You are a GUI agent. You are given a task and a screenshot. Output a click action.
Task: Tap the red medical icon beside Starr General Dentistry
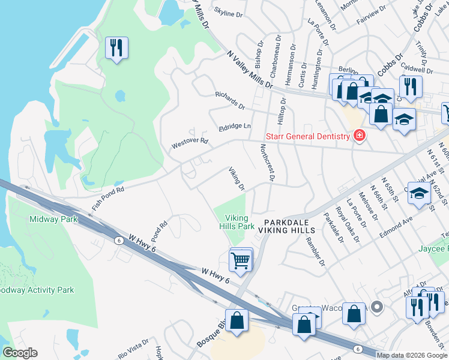pos(359,136)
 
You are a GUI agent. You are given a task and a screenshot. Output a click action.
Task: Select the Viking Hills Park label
pos(240,223)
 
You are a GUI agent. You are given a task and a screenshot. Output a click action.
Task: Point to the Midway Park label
pos(54,219)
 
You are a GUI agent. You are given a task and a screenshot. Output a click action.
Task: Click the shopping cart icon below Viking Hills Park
pos(240,261)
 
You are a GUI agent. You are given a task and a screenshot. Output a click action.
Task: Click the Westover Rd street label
pos(189,143)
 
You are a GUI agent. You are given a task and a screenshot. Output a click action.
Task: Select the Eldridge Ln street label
pos(235,126)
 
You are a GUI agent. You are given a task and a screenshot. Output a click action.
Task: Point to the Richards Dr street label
pos(231,100)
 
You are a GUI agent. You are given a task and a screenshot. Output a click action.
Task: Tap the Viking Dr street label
pos(237,179)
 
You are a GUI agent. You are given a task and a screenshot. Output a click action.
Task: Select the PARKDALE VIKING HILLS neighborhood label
pos(289,226)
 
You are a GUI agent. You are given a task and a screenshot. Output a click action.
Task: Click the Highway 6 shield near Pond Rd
pos(118,240)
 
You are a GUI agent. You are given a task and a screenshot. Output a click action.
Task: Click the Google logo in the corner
pos(20,353)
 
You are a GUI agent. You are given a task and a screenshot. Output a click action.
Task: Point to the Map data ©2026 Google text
pos(412,355)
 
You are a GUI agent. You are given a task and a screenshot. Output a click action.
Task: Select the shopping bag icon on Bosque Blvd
pos(237,320)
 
